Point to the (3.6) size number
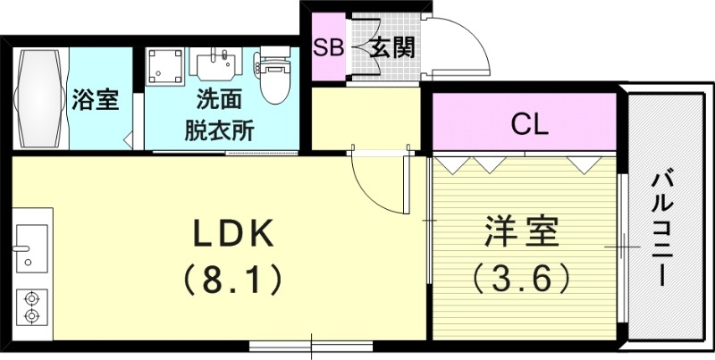coord(522,279)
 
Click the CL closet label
coord(528,123)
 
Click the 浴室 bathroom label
coord(95,99)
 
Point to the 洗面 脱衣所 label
coord(220,114)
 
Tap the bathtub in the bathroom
coord(40,98)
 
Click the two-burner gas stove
coord(31,306)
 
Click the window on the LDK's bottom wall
coord(311,344)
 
